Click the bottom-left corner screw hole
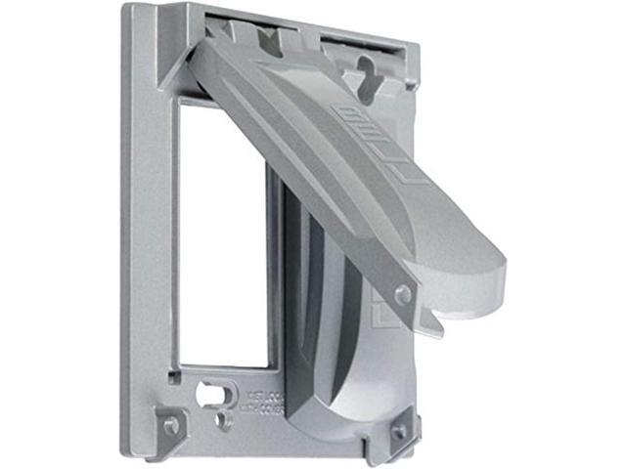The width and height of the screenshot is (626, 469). [171, 425]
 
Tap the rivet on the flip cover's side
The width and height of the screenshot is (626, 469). [402, 294]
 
